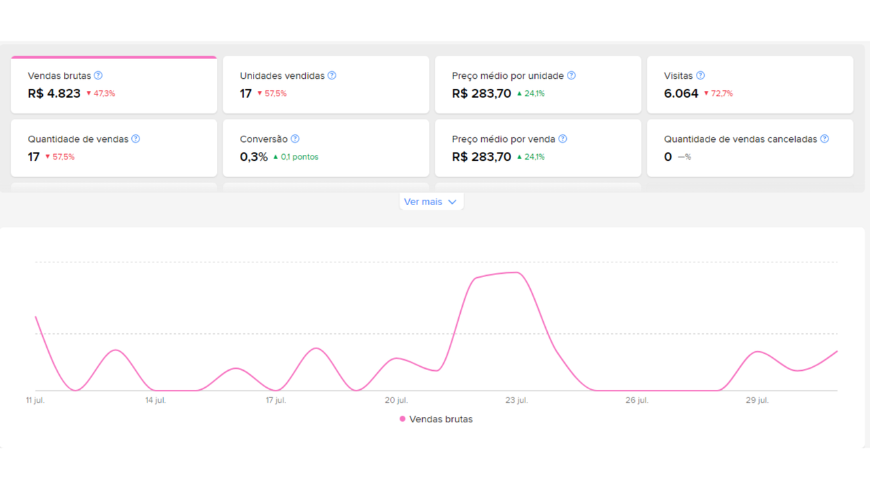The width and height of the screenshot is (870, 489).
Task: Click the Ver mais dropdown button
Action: click(431, 202)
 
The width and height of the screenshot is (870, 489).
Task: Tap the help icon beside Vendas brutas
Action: click(99, 75)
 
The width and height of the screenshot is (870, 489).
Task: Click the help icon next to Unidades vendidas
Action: click(332, 75)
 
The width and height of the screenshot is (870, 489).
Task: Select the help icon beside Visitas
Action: click(700, 75)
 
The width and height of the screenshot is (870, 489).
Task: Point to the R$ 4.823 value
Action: click(54, 94)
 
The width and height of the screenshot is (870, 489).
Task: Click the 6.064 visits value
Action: click(681, 94)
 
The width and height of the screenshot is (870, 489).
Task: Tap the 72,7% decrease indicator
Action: click(718, 94)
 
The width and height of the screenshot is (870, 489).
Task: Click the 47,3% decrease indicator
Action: click(101, 94)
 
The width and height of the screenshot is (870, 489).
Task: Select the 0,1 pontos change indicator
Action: click(296, 157)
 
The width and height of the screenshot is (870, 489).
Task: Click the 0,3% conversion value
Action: click(254, 157)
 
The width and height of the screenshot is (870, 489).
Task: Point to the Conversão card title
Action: click(264, 139)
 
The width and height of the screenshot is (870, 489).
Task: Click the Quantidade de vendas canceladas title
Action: click(740, 139)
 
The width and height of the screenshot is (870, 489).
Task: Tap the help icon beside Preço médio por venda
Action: click(563, 139)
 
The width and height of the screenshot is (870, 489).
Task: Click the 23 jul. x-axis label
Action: click(517, 400)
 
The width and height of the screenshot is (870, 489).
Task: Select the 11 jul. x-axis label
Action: click(35, 400)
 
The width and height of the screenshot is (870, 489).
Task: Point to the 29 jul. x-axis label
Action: click(757, 400)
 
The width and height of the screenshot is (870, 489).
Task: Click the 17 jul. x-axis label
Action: click(276, 400)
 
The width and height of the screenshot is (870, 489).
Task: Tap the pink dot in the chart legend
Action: click(402, 419)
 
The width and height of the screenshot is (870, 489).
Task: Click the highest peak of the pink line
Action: click(516, 272)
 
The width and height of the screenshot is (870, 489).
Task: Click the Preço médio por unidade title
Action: click(508, 75)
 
